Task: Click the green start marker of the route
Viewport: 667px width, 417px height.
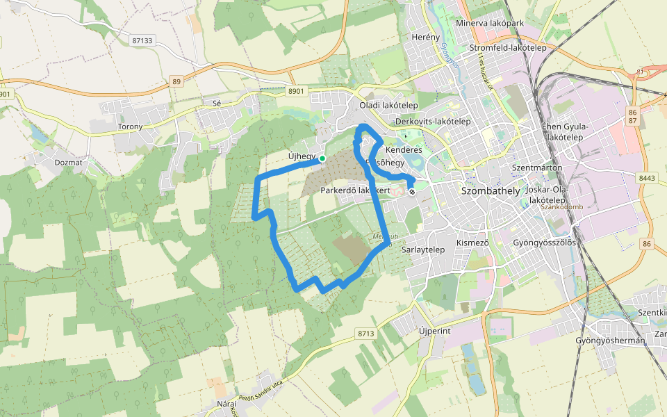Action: pyautogui.click(x=322, y=158)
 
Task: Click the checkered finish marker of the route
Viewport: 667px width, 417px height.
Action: pyautogui.click(x=412, y=191)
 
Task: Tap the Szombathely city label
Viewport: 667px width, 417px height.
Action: pyautogui.click(x=490, y=190)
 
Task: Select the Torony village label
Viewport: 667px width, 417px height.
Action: pyautogui.click(x=131, y=126)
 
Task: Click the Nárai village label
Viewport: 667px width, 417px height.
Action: pyautogui.click(x=227, y=403)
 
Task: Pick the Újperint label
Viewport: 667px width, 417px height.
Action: pyautogui.click(x=435, y=331)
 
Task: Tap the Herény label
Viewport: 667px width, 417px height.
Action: pyautogui.click(x=426, y=37)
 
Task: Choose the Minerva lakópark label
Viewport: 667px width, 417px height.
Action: pyautogui.click(x=490, y=23)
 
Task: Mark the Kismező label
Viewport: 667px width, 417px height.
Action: pyautogui.click(x=472, y=243)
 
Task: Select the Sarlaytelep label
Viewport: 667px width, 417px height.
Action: pyautogui.click(x=423, y=249)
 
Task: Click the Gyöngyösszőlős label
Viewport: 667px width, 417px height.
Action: pyautogui.click(x=544, y=243)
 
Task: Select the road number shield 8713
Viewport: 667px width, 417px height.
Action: pyautogui.click(x=366, y=334)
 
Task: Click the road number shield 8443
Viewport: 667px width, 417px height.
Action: pyautogui.click(x=646, y=178)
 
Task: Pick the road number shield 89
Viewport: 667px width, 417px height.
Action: pyautogui.click(x=176, y=82)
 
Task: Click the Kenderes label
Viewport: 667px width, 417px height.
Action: pyautogui.click(x=404, y=149)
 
